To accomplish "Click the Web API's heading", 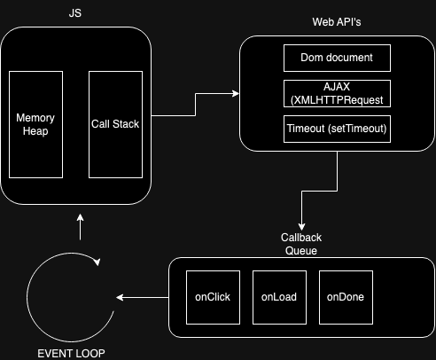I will (337, 20).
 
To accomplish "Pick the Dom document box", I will (337, 59).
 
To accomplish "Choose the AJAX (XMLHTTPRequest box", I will (337, 93).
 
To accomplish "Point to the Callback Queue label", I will (301, 244).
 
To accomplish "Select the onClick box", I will (213, 296).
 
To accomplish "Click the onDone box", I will (341, 296).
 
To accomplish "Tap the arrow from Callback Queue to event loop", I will (142, 297).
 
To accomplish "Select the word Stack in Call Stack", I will (129, 124).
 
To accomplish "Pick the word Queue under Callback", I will (301, 250).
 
